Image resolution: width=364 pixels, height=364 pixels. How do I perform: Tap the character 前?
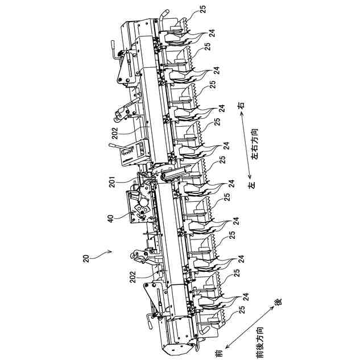[218, 353]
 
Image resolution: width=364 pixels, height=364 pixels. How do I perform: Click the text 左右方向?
[254, 145]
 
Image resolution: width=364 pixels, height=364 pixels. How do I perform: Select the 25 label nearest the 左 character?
[227, 197]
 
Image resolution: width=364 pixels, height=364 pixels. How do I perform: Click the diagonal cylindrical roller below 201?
[175, 173]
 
